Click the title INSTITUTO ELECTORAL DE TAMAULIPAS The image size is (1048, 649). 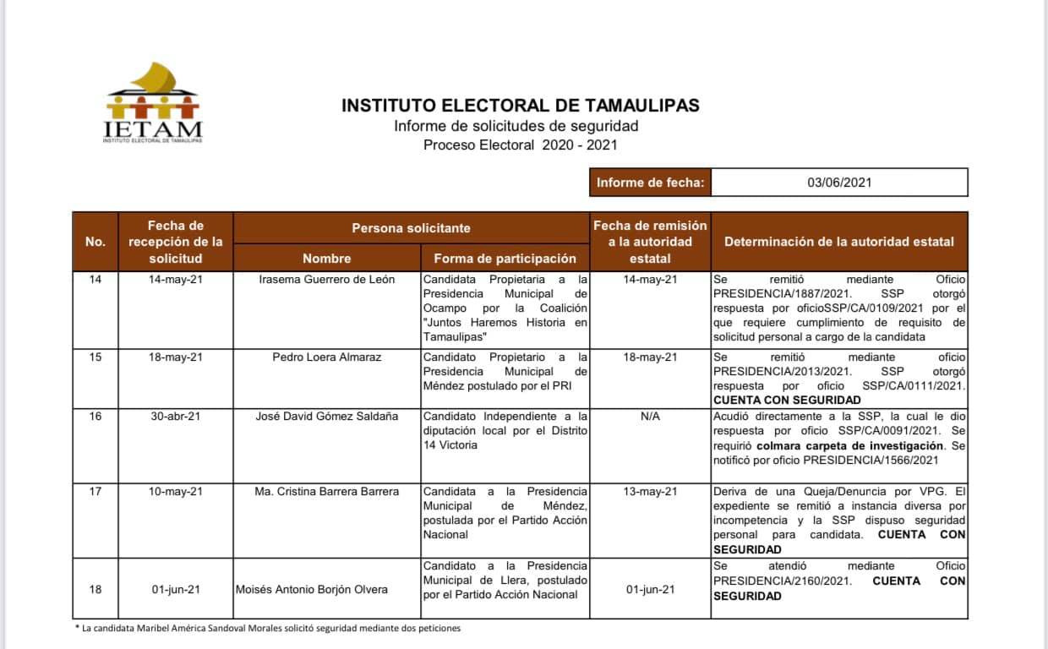(x=520, y=106)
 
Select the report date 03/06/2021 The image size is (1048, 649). (x=838, y=183)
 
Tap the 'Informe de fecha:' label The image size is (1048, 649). (x=650, y=183)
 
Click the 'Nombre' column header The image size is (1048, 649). (x=326, y=258)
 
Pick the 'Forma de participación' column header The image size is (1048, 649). (x=505, y=258)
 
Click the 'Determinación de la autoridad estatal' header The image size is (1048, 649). (x=838, y=241)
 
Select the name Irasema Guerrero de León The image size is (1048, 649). (x=326, y=280)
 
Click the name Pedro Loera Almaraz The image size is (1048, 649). (x=326, y=357)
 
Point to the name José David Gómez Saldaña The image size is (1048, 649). (x=326, y=417)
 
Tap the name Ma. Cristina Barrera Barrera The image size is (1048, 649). (x=326, y=492)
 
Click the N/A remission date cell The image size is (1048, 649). (x=650, y=417)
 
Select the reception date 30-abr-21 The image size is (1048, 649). (x=175, y=417)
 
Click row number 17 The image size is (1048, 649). (x=96, y=492)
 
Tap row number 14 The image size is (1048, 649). (x=96, y=280)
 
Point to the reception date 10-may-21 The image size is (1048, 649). (x=175, y=492)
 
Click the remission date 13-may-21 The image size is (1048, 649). (x=650, y=492)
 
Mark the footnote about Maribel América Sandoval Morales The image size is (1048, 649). (x=268, y=628)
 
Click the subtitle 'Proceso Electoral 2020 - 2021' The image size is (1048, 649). (x=520, y=145)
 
